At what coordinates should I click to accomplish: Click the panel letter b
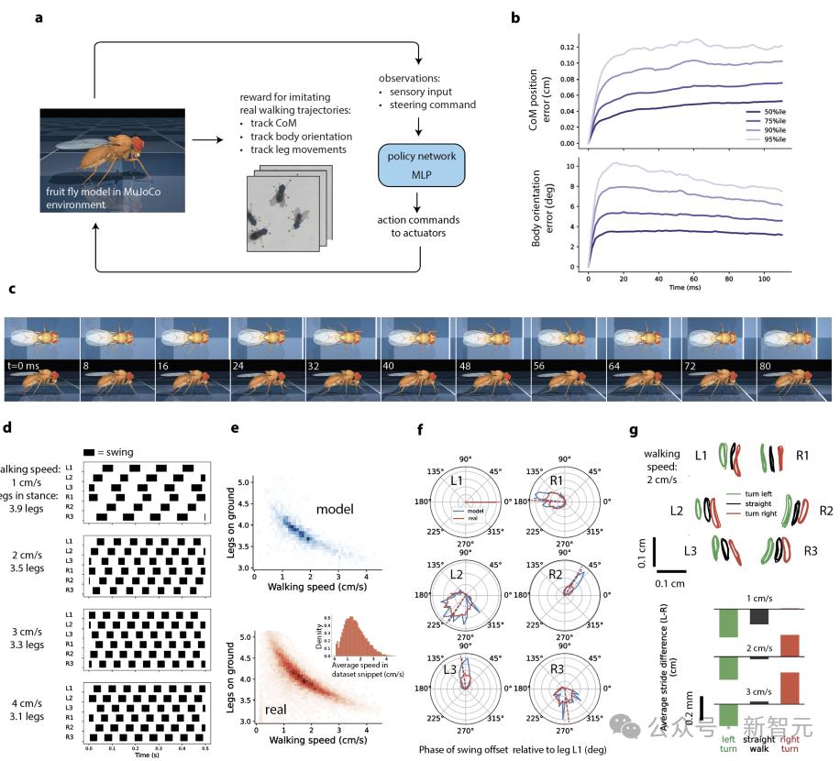click(x=515, y=17)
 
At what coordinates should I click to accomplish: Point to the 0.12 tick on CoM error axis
click(x=569, y=47)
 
